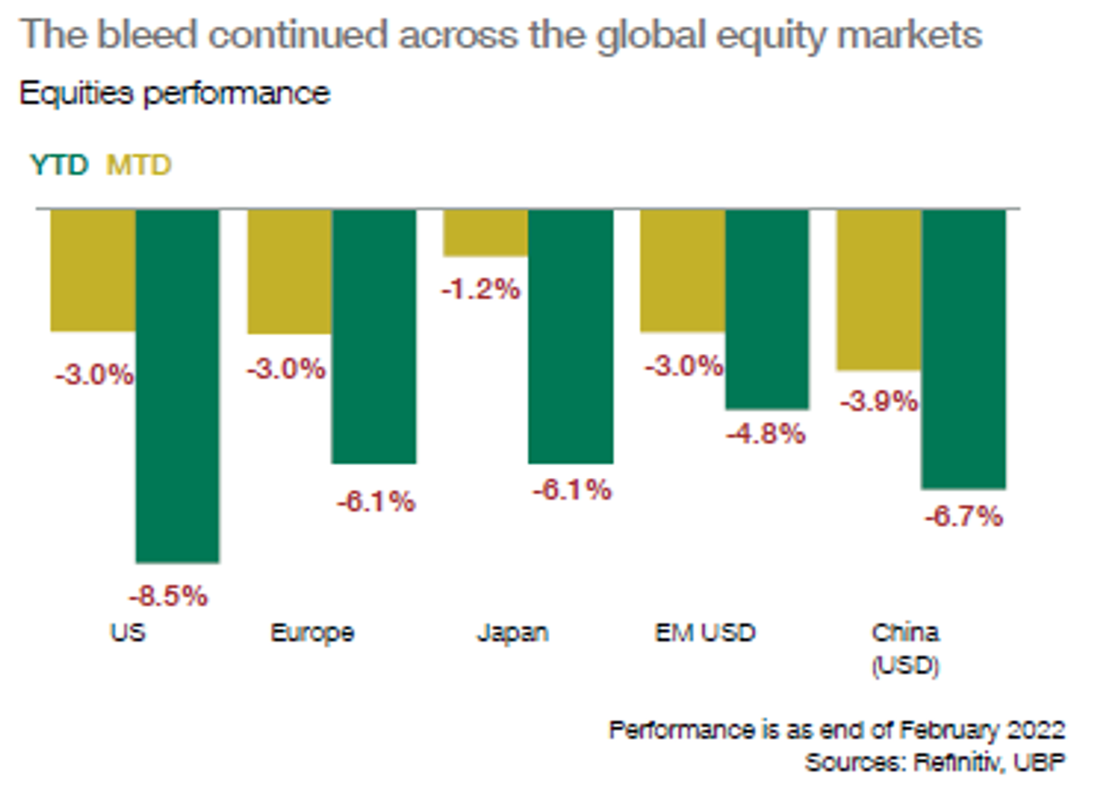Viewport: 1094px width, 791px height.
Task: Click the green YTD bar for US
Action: click(177, 385)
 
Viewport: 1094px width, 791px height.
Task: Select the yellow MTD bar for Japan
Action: click(485, 233)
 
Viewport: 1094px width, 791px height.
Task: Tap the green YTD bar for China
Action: click(963, 349)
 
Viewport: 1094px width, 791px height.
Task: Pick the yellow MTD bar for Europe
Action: click(289, 272)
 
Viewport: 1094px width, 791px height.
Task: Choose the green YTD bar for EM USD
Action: click(767, 310)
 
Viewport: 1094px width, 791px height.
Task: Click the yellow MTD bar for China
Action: click(879, 289)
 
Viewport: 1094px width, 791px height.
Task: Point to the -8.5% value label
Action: click(168, 596)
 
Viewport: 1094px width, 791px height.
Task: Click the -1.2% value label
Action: click(480, 289)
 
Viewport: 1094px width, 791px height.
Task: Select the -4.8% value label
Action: click(765, 434)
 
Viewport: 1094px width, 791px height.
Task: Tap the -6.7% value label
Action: click(963, 516)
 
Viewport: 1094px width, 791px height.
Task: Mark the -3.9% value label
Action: click(879, 401)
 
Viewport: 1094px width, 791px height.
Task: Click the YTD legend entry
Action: click(59, 165)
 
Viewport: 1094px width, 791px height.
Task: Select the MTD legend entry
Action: click(138, 165)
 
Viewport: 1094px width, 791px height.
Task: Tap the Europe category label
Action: click(312, 633)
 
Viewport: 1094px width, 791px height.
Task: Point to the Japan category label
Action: click(512, 633)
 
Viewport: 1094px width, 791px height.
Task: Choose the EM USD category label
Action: click(705, 633)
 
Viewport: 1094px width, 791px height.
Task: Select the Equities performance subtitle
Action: click(174, 93)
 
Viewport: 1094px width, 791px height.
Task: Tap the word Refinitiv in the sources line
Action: click(958, 761)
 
